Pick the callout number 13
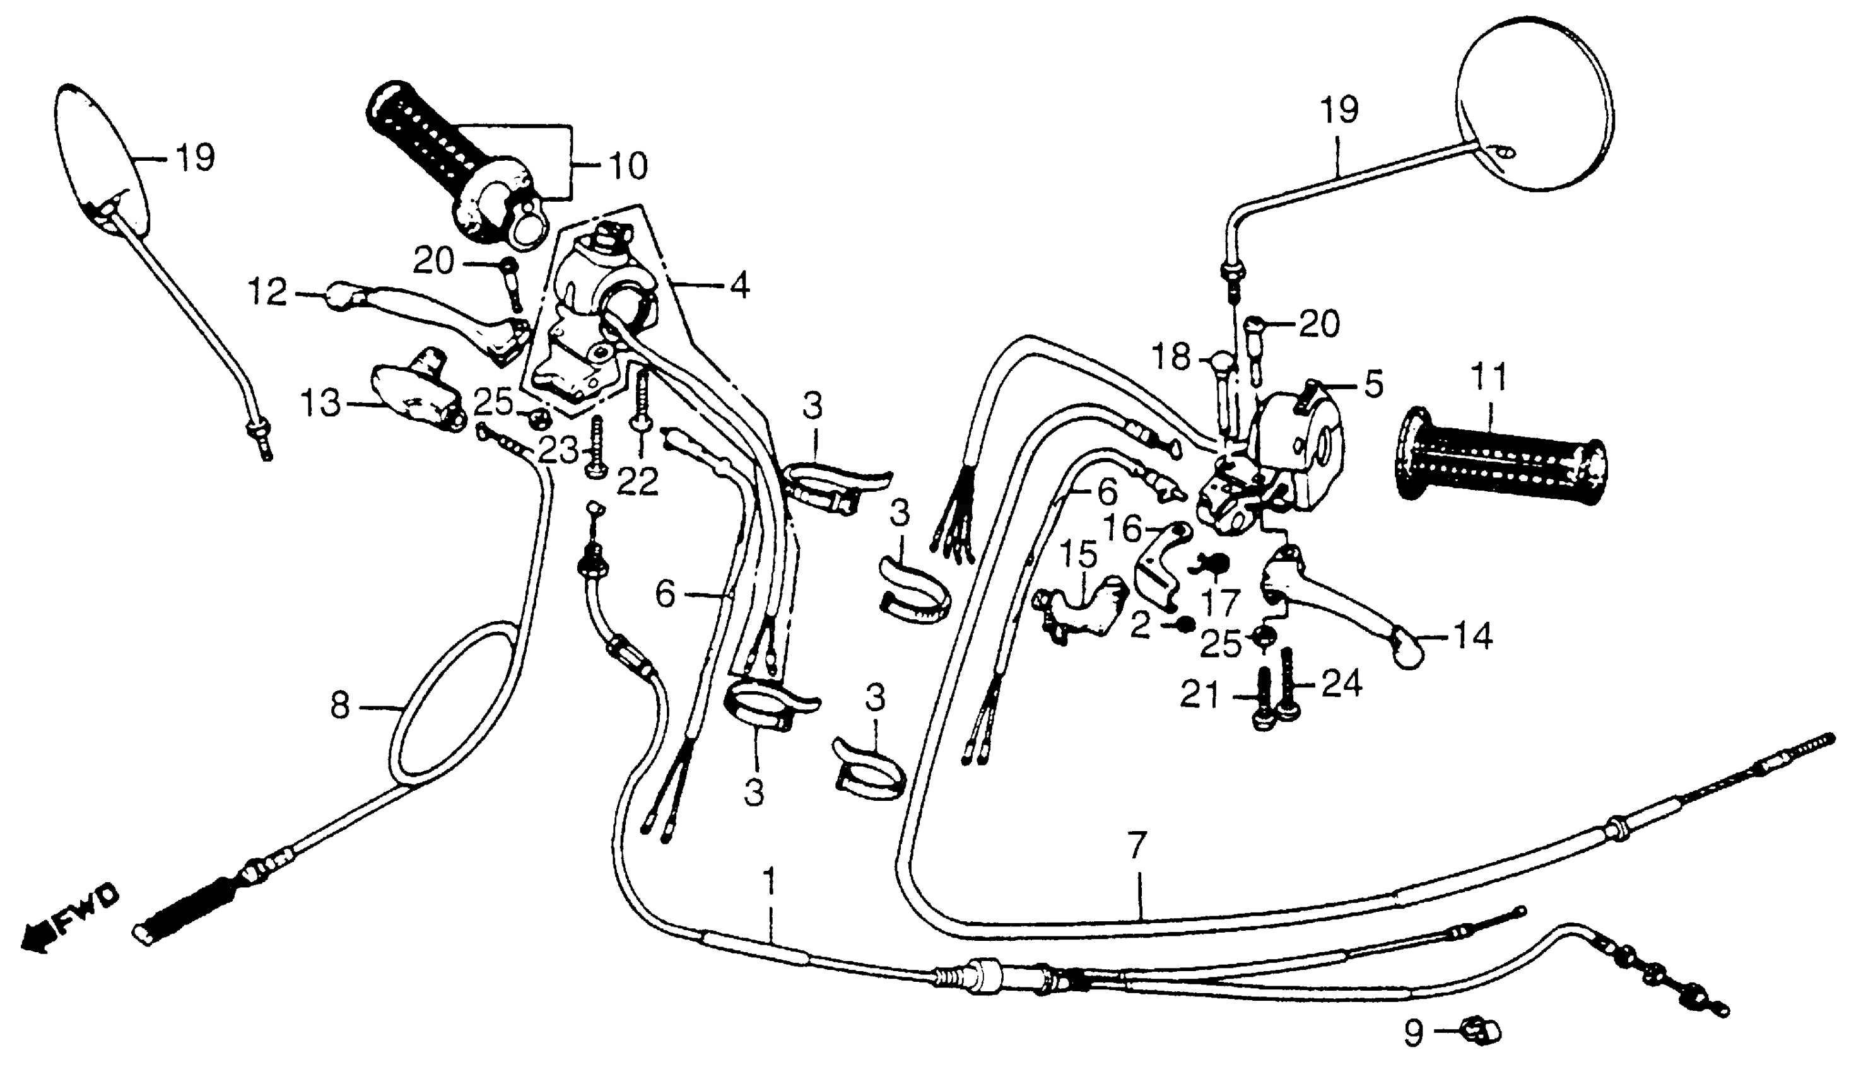[321, 404]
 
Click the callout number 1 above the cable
[770, 882]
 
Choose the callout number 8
[339, 706]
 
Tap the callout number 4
[739, 286]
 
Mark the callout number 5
[1373, 384]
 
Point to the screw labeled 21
[1264, 699]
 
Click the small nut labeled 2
[1184, 624]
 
